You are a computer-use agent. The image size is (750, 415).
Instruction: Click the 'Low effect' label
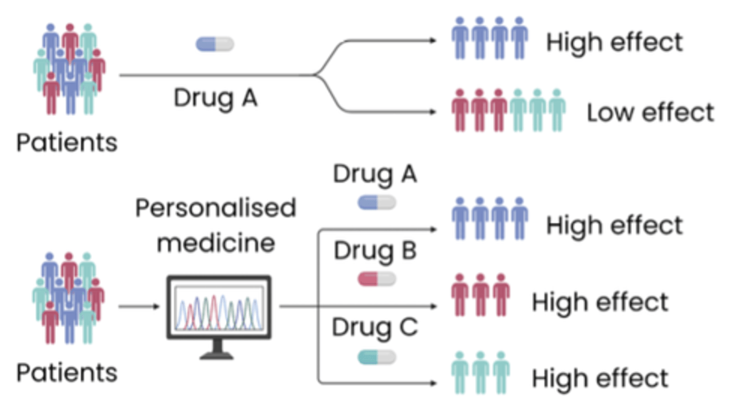650,113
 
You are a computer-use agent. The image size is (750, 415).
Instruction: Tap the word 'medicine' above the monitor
216,242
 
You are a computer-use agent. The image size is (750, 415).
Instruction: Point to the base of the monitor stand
217,356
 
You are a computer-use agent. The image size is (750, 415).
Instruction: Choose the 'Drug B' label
375,251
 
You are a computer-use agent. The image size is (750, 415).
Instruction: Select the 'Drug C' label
375,328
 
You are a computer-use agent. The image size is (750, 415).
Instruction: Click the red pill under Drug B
377,280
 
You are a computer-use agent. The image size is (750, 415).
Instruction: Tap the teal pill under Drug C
377,357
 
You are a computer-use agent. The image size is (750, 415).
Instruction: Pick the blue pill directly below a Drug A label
377,203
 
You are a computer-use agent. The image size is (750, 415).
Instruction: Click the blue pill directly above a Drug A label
215,44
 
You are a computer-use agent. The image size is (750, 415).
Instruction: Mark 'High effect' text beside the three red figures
600,303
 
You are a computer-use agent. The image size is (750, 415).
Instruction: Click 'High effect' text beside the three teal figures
600,379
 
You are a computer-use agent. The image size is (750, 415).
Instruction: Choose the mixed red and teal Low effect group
508,110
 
